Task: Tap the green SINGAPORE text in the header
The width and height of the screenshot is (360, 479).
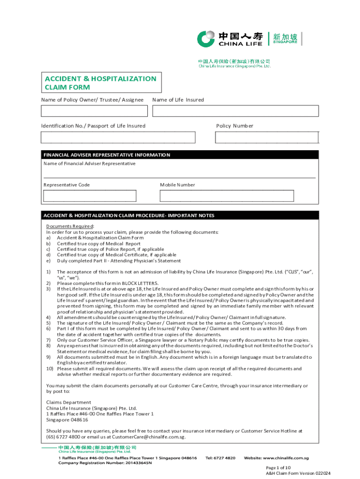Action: (285, 42)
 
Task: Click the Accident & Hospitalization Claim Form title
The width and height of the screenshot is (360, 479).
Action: (101, 83)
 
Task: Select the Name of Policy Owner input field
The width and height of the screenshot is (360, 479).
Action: (94, 111)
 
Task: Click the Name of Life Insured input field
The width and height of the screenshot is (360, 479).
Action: (235, 111)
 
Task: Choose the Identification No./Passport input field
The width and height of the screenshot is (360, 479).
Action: (118, 137)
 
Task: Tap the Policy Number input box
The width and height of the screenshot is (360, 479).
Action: (266, 137)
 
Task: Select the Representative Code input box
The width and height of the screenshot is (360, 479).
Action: (90, 196)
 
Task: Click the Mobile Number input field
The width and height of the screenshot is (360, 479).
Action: (227, 196)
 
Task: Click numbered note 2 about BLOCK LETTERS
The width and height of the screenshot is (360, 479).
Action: (108, 283)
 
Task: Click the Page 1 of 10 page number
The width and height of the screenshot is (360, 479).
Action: (278, 467)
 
